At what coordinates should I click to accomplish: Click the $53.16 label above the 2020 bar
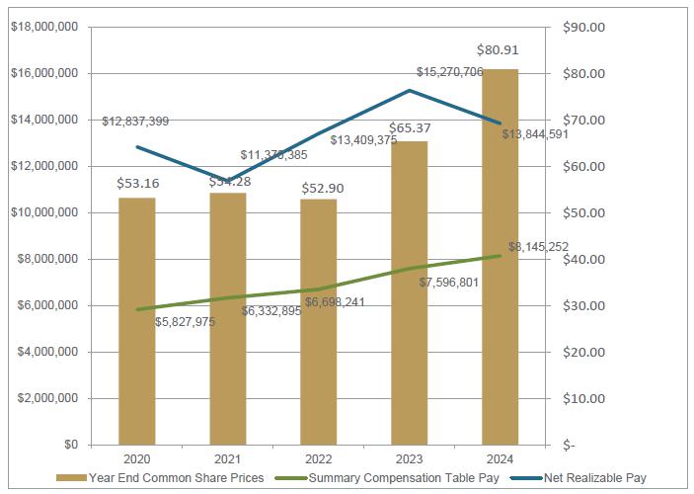[136, 184]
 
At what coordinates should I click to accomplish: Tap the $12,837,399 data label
[135, 122]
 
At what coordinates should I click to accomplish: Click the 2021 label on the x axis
[228, 458]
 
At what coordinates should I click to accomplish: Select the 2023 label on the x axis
[410, 458]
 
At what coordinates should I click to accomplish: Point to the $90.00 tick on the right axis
[583, 27]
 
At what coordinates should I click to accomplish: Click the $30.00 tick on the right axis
[583, 305]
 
